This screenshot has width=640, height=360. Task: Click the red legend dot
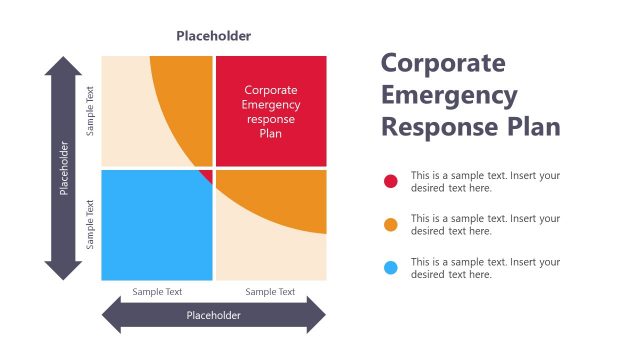(391, 181)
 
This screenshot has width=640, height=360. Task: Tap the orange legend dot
(391, 224)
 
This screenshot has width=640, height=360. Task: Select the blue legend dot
(391, 267)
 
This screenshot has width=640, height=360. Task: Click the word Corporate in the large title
(443, 62)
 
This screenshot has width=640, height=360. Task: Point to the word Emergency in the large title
(449, 95)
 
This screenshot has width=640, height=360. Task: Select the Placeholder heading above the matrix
(213, 36)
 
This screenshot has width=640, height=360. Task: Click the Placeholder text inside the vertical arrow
(64, 168)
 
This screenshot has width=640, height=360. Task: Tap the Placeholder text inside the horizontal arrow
(213, 315)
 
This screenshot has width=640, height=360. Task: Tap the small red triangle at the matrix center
(207, 176)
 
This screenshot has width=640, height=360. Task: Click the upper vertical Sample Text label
(91, 110)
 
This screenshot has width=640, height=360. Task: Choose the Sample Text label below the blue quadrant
(157, 292)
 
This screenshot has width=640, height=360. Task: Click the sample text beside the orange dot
(485, 224)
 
